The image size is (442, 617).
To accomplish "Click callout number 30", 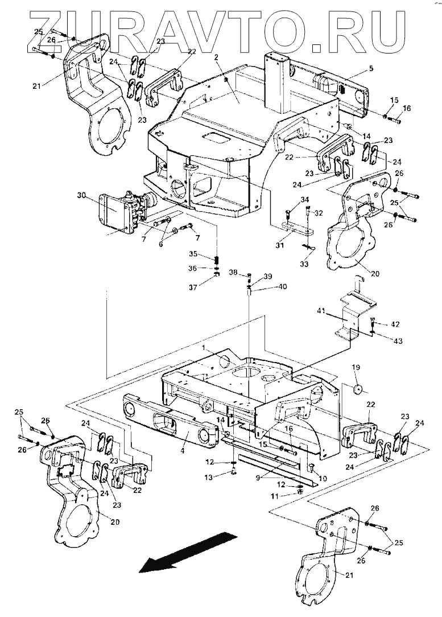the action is click(x=81, y=196).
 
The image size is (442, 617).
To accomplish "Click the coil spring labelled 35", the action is click(x=216, y=260).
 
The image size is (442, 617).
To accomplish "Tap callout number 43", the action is click(x=398, y=341).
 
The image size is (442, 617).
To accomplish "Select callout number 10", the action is click(x=323, y=478).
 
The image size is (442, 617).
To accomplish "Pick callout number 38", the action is click(x=234, y=272).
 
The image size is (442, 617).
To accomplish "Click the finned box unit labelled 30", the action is click(x=117, y=212).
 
